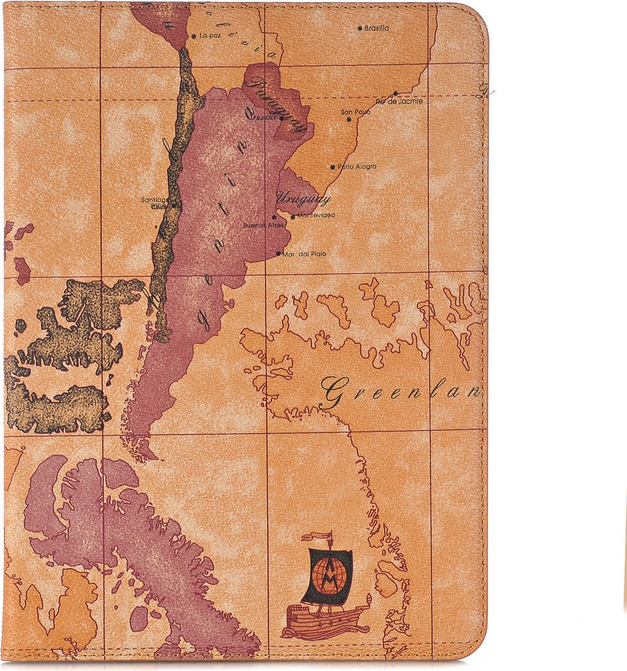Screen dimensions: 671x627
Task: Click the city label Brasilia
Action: coord(377,28)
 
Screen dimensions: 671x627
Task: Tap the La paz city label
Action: coord(210,36)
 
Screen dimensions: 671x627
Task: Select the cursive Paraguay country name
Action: coord(278,105)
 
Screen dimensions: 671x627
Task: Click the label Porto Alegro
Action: coord(357,167)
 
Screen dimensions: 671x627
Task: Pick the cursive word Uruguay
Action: coord(303,198)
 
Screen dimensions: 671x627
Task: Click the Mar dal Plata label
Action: coord(304,254)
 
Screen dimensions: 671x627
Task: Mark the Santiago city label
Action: coord(155,200)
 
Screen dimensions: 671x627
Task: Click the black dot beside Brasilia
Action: coord(360,28)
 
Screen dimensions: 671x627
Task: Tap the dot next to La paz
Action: coord(193,36)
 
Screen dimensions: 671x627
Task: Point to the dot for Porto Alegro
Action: coord(333,167)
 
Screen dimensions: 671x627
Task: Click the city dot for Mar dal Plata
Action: coord(278,254)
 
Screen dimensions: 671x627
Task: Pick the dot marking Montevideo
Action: coord(293,216)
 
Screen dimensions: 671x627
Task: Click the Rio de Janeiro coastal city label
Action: coord(400,102)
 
